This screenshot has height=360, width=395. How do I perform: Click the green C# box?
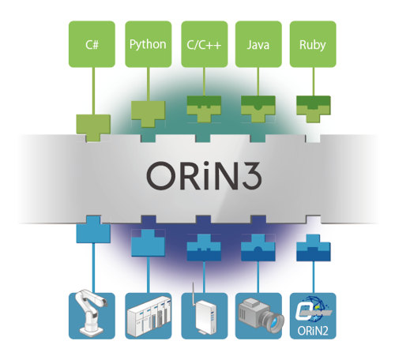pos(92,44)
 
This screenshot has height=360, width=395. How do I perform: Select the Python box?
pos(149,44)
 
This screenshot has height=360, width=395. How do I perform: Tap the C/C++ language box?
pos(205,44)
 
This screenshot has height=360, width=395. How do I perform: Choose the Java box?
pos(258,44)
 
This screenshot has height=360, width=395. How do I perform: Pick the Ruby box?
pos(313,44)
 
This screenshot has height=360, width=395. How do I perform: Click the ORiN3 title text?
pos(205,175)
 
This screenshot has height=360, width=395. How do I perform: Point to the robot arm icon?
pos(92,313)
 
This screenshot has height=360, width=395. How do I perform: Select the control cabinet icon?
pos(149,316)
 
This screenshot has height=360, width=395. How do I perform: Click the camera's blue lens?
pos(276,320)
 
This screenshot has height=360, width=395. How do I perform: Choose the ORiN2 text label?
pos(313,331)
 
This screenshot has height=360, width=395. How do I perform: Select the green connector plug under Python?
pos(149,114)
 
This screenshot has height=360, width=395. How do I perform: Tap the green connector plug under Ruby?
pos(314,109)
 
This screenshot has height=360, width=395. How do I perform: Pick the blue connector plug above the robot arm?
pos(93,230)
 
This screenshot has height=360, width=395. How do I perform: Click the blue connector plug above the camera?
pos(258,248)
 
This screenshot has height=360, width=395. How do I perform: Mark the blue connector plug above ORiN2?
pos(314,248)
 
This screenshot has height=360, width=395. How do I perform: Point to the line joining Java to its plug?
pos(258,81)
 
